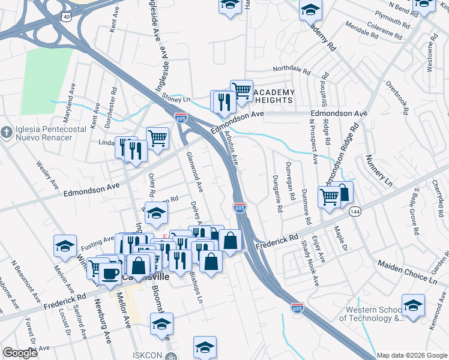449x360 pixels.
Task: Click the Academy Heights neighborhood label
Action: [273, 97]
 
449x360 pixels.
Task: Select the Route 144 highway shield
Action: [356, 212]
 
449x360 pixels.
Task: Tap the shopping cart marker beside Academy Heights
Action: [241, 91]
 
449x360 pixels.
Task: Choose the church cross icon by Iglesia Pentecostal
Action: [6, 131]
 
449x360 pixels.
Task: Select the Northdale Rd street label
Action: [291, 70]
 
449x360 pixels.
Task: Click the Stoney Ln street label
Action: [177, 99]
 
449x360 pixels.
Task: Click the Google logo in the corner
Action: [20, 353]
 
